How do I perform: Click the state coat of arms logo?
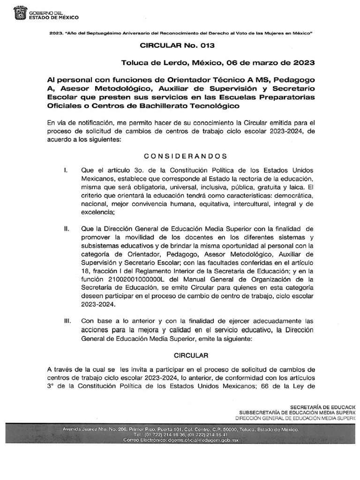coord(21,13)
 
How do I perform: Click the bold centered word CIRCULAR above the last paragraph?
coord(186,356)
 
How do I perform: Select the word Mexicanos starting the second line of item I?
coord(98,179)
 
